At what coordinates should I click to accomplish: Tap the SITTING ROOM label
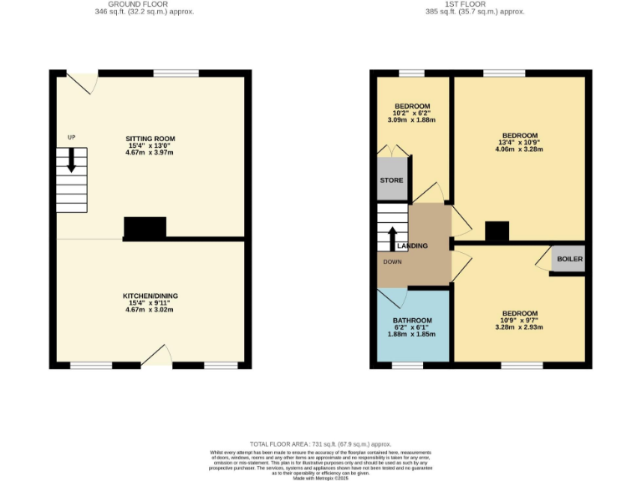[x=150, y=139]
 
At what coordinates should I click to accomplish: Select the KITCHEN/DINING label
[x=150, y=296]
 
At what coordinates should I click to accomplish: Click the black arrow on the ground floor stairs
[x=71, y=159]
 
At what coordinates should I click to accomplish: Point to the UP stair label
[x=71, y=137]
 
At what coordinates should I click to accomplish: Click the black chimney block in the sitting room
[x=145, y=228]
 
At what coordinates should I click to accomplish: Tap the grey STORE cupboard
[x=391, y=180]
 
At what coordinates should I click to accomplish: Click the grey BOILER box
[x=568, y=259]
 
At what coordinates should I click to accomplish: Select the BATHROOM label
[x=412, y=321]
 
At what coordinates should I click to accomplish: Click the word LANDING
[x=412, y=246]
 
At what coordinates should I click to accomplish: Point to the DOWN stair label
[x=392, y=262]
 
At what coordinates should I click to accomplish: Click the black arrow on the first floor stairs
[x=391, y=238]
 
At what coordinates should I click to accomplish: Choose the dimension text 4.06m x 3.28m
[x=519, y=150]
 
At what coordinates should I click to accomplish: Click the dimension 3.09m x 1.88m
[x=412, y=120]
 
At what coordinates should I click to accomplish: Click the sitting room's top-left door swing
[x=82, y=83]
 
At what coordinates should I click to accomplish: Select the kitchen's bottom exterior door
[x=156, y=357]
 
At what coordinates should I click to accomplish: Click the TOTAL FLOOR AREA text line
[x=320, y=443]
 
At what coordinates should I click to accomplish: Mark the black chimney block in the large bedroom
[x=497, y=231]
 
